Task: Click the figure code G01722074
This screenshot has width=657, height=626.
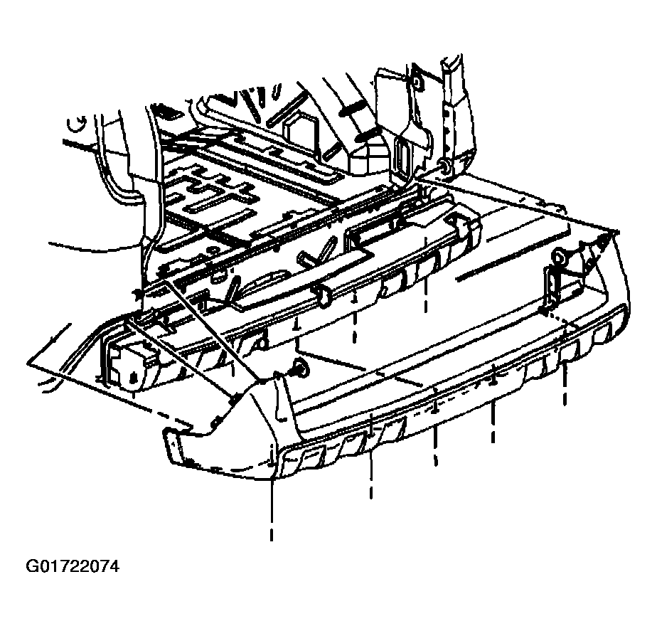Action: (73, 566)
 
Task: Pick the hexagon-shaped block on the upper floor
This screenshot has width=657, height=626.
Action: (301, 131)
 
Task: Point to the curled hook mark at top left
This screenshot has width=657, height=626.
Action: (78, 123)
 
